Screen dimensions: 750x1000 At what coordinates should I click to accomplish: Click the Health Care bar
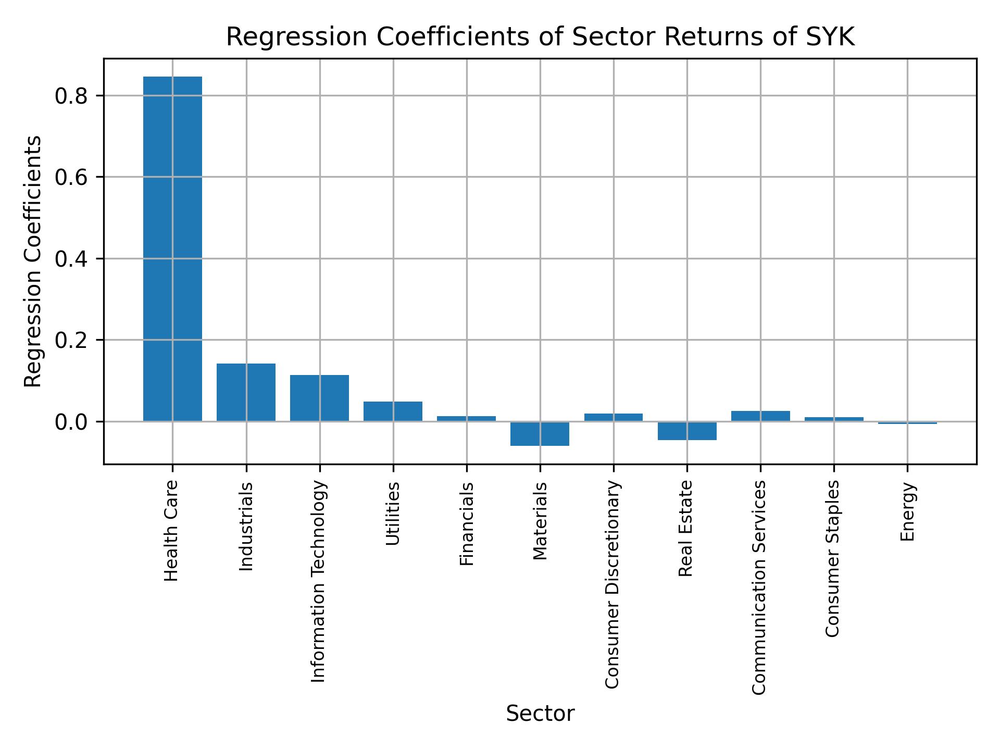(172, 249)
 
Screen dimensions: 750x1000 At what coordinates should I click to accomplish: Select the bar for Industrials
(246, 392)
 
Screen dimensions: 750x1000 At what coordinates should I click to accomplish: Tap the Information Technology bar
(319, 398)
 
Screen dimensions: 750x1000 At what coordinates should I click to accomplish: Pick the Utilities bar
(393, 411)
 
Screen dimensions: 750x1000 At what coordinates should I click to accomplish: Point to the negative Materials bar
(540, 433)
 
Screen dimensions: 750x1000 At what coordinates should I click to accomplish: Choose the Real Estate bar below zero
(687, 431)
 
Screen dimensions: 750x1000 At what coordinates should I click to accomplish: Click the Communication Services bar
(760, 416)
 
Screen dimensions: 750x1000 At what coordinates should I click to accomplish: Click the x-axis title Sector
(540, 714)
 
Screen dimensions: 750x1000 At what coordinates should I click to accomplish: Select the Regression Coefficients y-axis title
(33, 261)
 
